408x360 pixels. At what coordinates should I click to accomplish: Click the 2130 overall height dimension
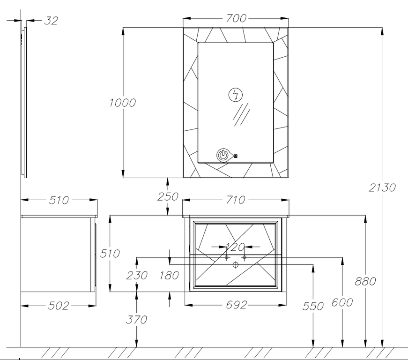(x=383, y=187)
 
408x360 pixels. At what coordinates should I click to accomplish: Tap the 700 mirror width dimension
(x=236, y=18)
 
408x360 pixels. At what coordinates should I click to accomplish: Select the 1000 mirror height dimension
(x=123, y=103)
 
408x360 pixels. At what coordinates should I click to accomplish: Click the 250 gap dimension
(x=168, y=196)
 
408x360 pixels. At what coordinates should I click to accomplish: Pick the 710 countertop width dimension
(x=236, y=200)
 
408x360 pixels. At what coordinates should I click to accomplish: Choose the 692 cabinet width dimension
(x=236, y=305)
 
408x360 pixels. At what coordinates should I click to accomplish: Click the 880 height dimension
(x=366, y=281)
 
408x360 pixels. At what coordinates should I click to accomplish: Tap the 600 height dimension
(x=342, y=303)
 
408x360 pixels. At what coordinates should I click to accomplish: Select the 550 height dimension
(x=313, y=306)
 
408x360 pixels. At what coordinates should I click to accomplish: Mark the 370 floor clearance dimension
(x=136, y=320)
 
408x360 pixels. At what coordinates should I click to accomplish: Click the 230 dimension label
(x=136, y=275)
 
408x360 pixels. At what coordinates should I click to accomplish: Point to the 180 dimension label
(x=169, y=275)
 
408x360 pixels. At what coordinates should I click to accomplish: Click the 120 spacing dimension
(x=235, y=247)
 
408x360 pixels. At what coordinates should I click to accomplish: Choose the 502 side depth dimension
(x=59, y=306)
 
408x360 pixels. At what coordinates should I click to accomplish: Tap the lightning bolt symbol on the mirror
(x=236, y=95)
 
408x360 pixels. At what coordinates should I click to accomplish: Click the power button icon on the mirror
(x=224, y=156)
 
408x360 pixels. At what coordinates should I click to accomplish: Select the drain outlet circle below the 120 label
(x=235, y=265)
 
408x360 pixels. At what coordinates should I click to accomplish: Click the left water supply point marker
(x=226, y=257)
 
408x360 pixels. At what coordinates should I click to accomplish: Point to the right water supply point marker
(x=244, y=257)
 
